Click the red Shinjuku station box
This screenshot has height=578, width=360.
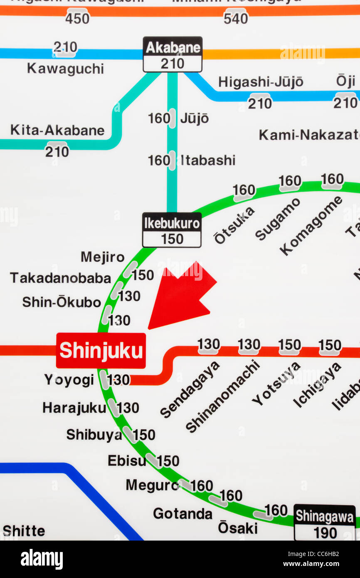click(x=101, y=351)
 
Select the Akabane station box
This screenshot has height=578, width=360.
click(x=173, y=54)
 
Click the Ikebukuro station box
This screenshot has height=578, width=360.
click(x=172, y=230)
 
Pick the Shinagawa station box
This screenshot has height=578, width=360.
click(x=325, y=522)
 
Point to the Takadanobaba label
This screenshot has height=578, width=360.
click(x=61, y=278)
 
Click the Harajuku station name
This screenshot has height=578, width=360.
click(x=74, y=408)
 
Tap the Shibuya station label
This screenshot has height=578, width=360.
click(x=94, y=435)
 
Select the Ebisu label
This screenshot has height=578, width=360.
click(x=126, y=461)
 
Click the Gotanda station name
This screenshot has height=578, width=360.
click(x=182, y=514)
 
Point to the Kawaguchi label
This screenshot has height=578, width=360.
click(x=65, y=69)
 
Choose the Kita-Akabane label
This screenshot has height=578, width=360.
click(x=57, y=130)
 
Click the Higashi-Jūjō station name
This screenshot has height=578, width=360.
click(x=261, y=82)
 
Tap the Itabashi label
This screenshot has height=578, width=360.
click(x=208, y=160)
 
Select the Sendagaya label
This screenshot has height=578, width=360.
click(x=190, y=390)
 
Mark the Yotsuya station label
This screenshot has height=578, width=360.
click(x=276, y=383)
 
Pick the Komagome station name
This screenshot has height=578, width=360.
click(x=311, y=226)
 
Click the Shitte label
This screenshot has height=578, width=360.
click(x=24, y=531)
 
